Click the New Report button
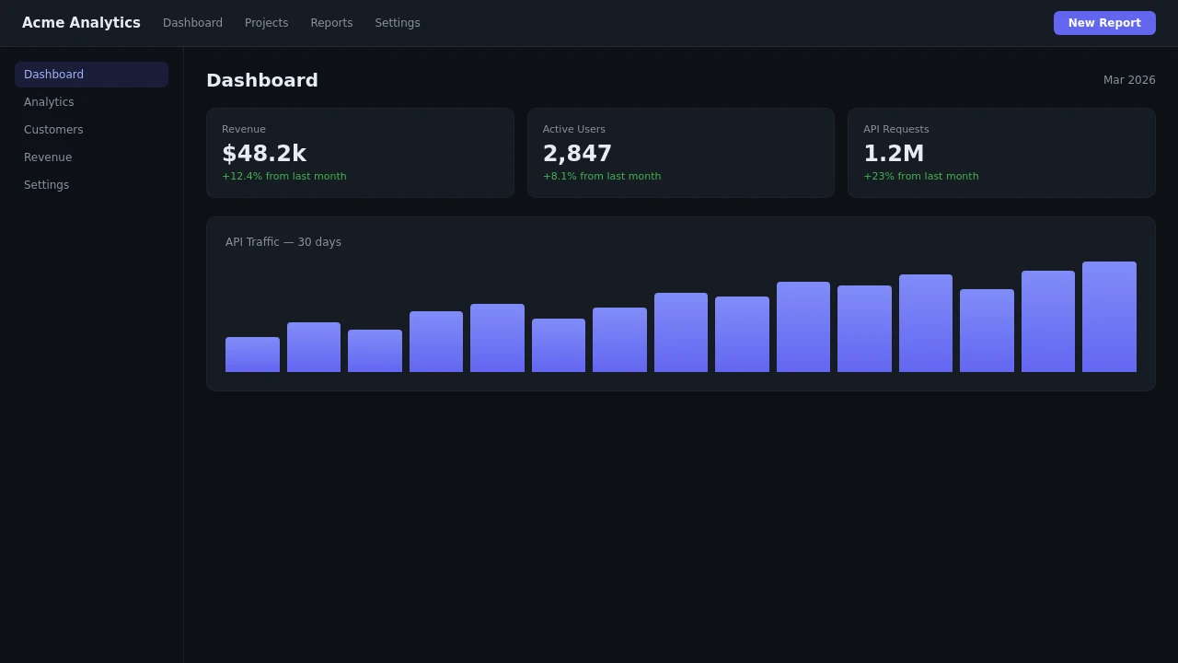tap(1104, 23)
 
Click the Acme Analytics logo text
tap(81, 23)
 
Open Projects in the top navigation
tap(266, 23)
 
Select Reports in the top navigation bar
tap(331, 23)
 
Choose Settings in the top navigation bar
tap(398, 23)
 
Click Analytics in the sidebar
tap(49, 102)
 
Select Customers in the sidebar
tap(53, 130)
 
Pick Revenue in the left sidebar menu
tap(48, 157)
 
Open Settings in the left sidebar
tap(46, 185)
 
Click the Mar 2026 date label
tap(1129, 80)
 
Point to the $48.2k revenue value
tap(264, 154)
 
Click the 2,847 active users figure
tap(577, 154)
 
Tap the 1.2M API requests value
tap(893, 154)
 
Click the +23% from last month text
tap(920, 177)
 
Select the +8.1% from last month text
tap(602, 177)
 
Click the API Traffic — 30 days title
tap(283, 242)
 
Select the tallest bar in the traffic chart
tap(1109, 318)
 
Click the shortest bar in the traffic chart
tap(252, 355)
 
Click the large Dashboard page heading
tap(262, 80)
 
